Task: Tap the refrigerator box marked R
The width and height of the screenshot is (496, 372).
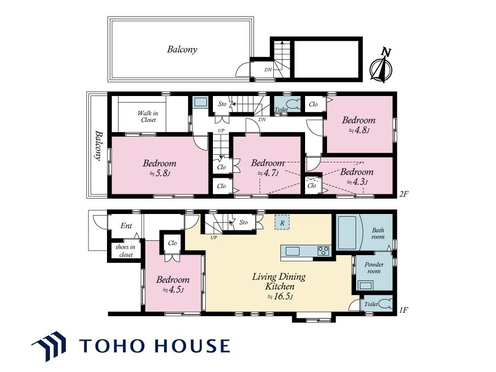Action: (282, 222)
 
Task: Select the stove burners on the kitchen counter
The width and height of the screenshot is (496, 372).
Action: (323, 251)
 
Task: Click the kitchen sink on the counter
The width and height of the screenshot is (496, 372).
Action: (292, 251)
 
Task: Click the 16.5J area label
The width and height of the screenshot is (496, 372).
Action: (280, 297)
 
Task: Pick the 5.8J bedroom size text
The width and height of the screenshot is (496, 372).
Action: (160, 173)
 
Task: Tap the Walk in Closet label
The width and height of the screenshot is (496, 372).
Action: (148, 116)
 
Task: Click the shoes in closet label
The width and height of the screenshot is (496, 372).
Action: (126, 251)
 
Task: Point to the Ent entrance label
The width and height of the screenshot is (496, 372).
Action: (126, 226)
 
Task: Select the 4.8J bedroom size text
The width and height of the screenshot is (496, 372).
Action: (359, 130)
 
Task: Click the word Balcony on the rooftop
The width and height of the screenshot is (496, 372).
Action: (182, 49)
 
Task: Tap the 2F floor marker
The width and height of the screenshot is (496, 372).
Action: (404, 194)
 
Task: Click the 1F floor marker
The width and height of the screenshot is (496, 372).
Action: (404, 311)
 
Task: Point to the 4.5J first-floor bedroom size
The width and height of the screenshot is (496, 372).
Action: (173, 290)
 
